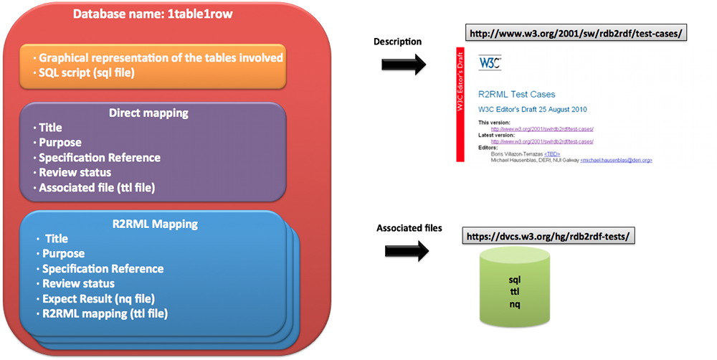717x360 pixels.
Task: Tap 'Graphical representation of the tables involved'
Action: (x=161, y=57)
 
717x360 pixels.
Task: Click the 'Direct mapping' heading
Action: (x=148, y=113)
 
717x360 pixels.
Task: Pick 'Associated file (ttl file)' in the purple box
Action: (x=97, y=188)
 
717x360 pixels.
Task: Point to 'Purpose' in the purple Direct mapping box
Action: (x=60, y=143)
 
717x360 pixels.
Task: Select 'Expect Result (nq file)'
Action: (x=98, y=298)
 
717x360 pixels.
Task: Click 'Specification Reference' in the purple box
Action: (x=100, y=158)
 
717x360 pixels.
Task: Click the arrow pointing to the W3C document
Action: (x=402, y=64)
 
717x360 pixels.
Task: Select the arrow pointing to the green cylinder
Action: (x=405, y=250)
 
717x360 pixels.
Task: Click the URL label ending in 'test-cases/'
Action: (x=575, y=33)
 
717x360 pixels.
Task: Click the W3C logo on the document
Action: (x=490, y=62)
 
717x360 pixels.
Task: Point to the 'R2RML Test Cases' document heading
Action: (x=516, y=94)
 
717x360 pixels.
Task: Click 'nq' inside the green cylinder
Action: (x=515, y=305)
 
